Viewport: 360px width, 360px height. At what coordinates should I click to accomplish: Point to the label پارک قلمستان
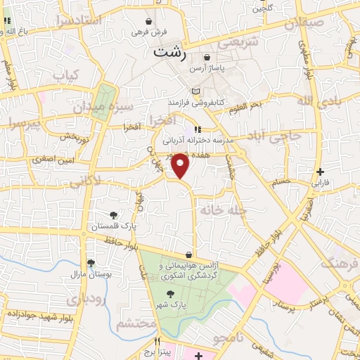(112, 226)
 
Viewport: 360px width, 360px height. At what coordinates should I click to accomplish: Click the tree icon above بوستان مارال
(91, 263)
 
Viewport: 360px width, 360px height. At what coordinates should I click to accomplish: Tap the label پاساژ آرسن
(228, 67)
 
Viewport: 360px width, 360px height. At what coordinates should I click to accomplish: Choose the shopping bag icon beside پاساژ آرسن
(207, 58)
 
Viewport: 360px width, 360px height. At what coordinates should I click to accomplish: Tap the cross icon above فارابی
(320, 171)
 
